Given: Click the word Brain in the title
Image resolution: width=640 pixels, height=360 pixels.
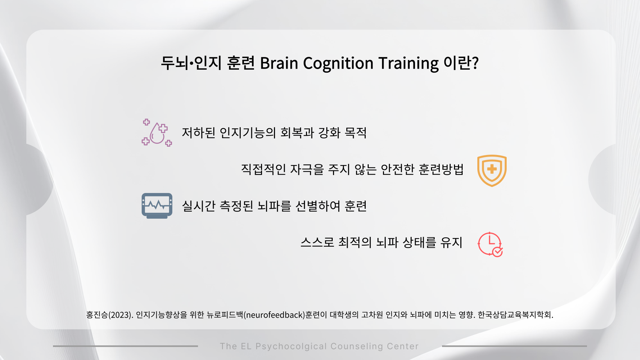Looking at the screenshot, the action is click(279, 63).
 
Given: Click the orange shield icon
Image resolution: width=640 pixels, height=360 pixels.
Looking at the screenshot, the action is click(492, 170).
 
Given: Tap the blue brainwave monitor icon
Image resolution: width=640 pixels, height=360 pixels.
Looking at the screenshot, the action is click(157, 206).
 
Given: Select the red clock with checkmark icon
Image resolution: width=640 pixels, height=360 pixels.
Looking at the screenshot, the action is click(490, 244).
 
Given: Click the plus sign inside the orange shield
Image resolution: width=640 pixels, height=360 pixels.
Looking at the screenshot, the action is click(492, 169).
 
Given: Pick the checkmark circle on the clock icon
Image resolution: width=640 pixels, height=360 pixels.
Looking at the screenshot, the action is click(498, 252).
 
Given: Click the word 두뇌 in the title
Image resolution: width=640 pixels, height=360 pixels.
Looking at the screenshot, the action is click(175, 63).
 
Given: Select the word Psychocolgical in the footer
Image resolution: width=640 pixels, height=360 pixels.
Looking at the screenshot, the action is click(291, 347).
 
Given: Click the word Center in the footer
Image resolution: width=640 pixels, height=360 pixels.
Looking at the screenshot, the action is click(403, 346).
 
